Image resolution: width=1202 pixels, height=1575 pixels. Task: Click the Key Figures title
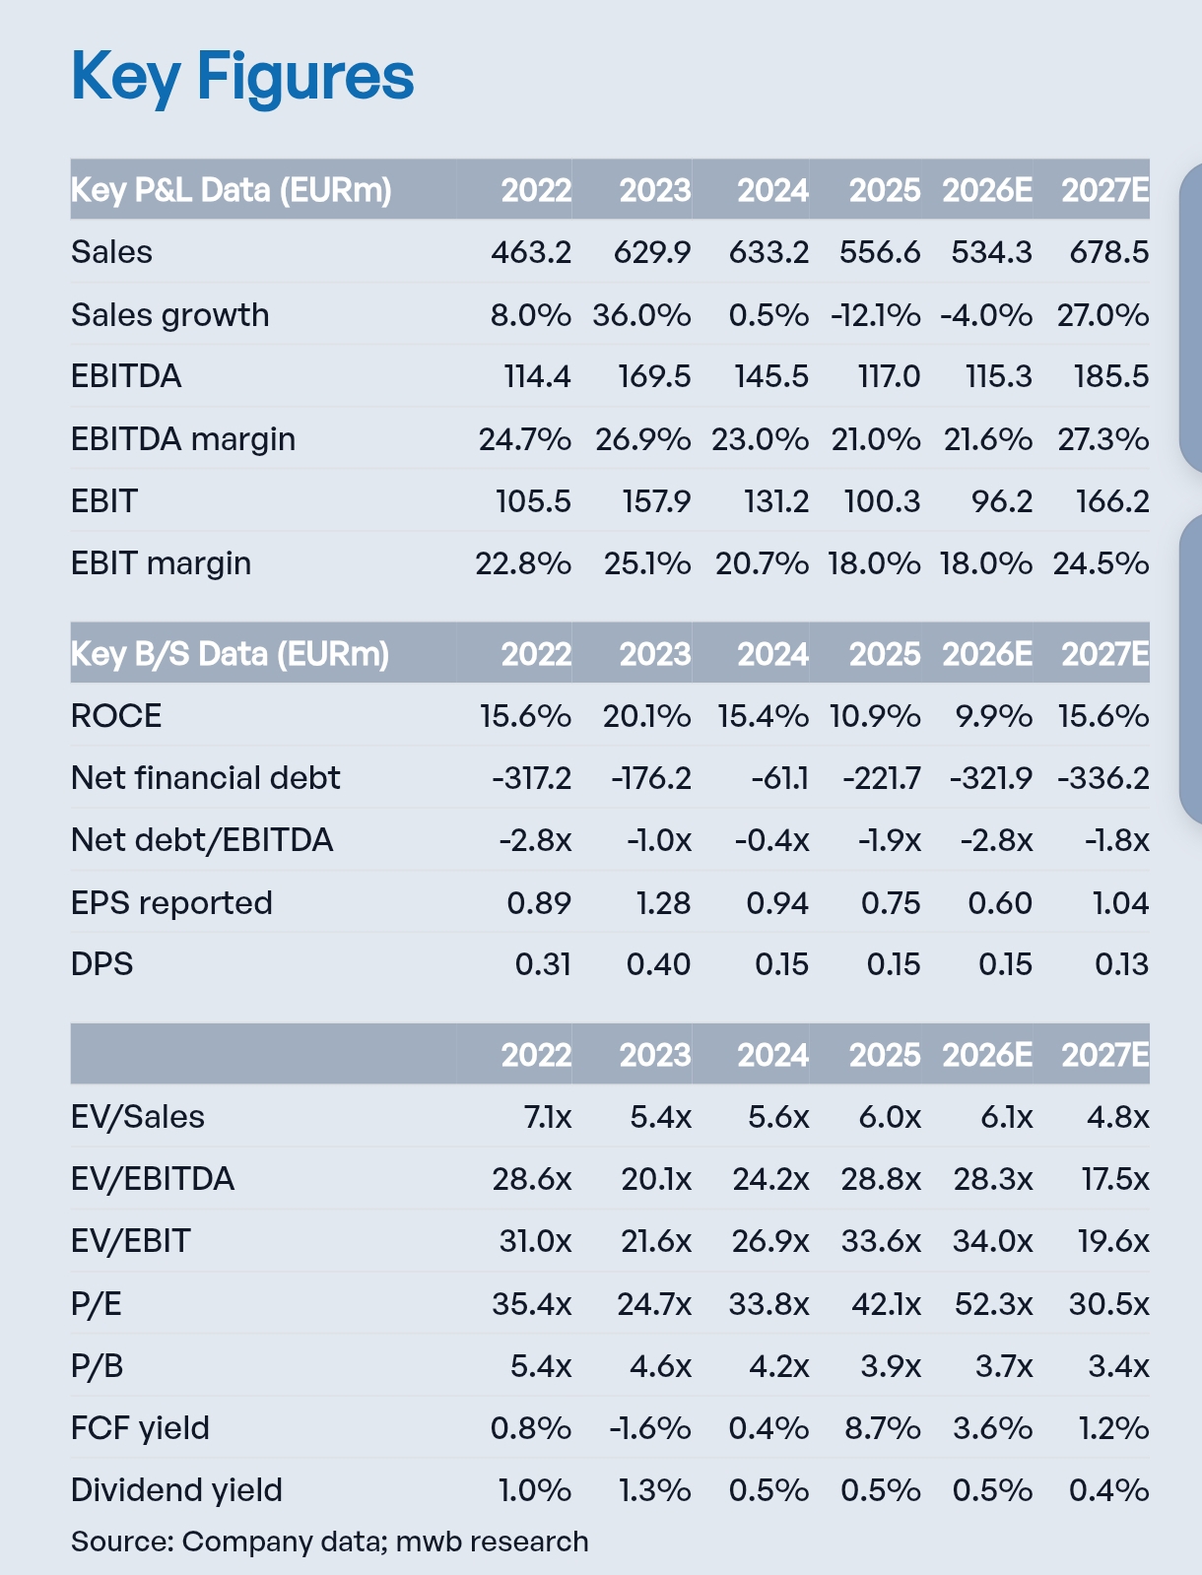(x=242, y=77)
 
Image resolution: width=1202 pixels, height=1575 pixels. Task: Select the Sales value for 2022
(x=531, y=252)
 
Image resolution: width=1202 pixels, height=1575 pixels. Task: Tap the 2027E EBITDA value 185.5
(x=1111, y=376)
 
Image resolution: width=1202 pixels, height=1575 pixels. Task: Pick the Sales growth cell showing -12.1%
(x=876, y=315)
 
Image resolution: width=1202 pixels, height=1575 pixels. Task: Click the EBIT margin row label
(x=161, y=563)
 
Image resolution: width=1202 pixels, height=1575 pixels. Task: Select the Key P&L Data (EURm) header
(x=232, y=189)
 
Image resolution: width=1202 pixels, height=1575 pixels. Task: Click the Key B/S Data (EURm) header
(x=231, y=654)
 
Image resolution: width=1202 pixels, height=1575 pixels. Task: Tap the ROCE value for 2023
(x=646, y=716)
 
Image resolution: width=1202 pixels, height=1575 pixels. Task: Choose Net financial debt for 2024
(x=779, y=778)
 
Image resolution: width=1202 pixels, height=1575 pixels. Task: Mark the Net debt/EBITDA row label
(x=202, y=840)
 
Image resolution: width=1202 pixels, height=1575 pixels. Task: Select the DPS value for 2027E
(x=1121, y=964)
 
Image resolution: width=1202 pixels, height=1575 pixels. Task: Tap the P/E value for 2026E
(x=993, y=1304)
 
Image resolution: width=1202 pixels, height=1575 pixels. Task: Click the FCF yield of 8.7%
(x=882, y=1428)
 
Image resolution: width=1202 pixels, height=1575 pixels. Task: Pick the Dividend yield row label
(x=176, y=1490)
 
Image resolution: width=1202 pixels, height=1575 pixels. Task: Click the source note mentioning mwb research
(x=329, y=1542)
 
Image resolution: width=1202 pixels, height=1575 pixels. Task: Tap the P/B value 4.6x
(x=660, y=1366)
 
